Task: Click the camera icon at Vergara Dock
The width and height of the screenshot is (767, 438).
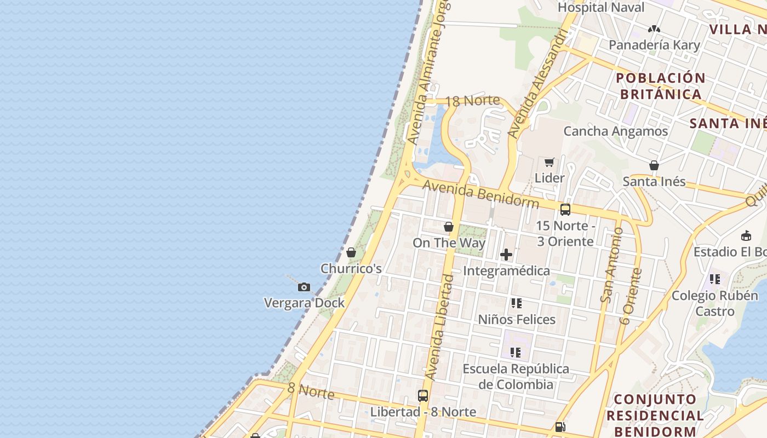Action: pyautogui.click(x=304, y=287)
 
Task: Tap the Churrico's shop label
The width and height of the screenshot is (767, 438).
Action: pyautogui.click(x=351, y=269)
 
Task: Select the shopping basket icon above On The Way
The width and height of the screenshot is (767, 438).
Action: pyautogui.click(x=449, y=227)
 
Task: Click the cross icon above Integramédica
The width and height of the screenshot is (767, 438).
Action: pyautogui.click(x=506, y=254)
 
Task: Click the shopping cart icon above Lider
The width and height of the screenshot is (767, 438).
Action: pyautogui.click(x=550, y=162)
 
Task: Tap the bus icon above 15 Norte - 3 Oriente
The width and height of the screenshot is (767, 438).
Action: pyautogui.click(x=565, y=209)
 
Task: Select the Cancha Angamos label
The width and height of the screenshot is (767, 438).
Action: pyautogui.click(x=616, y=131)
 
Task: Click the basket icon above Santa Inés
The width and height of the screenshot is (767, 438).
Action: pyautogui.click(x=654, y=165)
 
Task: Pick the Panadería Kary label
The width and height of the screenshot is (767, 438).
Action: pyautogui.click(x=654, y=45)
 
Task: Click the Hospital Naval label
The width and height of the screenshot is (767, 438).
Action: pyautogui.click(x=601, y=8)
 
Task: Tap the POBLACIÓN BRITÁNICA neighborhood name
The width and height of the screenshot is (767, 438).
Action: pyautogui.click(x=661, y=86)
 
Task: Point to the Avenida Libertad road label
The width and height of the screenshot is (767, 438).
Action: pyautogui.click(x=440, y=327)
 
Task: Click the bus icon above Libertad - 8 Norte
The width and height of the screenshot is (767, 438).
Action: pyautogui.click(x=423, y=395)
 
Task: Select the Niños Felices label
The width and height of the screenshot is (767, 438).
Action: pyautogui.click(x=517, y=319)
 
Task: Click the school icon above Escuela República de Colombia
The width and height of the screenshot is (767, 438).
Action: pyautogui.click(x=516, y=352)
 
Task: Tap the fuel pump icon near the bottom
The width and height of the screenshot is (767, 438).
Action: pyautogui.click(x=560, y=427)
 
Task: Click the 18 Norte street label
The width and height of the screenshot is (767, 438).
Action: pyautogui.click(x=473, y=101)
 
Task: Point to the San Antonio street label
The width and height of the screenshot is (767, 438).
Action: pyautogui.click(x=612, y=265)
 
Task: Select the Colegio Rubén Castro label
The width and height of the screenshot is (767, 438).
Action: pyautogui.click(x=715, y=303)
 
